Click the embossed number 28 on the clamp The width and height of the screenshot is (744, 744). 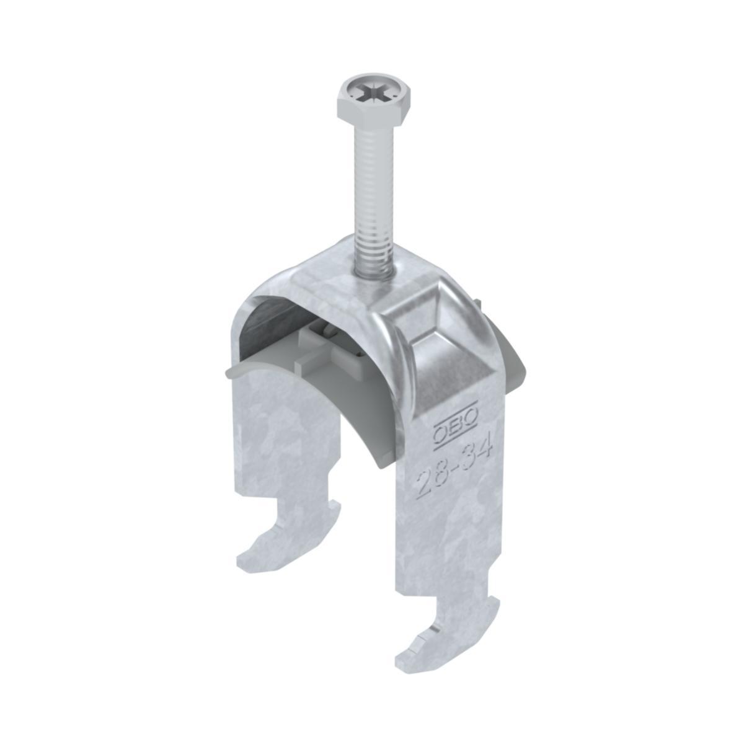(432, 480)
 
